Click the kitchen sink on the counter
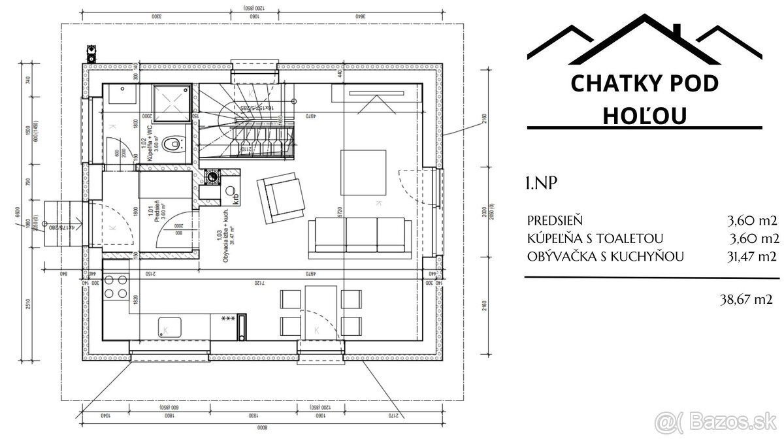coord(167,329)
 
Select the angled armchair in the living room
coord(280,199)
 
